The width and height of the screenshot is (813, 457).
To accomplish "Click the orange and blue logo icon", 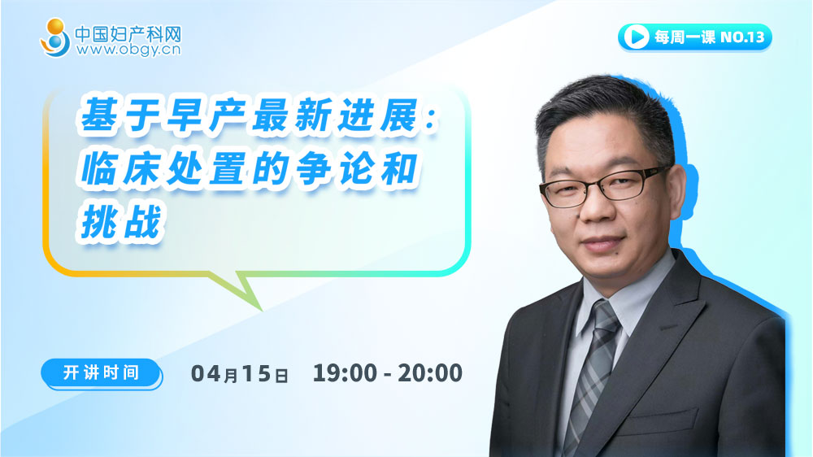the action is [x=55, y=38].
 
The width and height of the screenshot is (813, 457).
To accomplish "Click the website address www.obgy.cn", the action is [x=128, y=50].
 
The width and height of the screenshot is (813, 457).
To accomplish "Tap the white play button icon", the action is [x=636, y=37].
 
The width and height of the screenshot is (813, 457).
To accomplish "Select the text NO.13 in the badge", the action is [x=742, y=37].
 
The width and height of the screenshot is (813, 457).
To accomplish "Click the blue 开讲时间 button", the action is [x=102, y=373].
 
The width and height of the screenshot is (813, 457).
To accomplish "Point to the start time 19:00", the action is [x=345, y=373].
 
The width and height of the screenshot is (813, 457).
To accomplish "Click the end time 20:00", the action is [x=430, y=373].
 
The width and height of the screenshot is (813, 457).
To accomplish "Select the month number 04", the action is [x=207, y=373].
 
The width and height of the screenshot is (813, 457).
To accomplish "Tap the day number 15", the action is [x=256, y=373].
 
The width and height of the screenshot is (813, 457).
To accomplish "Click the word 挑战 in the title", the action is [x=121, y=221].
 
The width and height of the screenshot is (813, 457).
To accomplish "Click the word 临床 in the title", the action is [x=121, y=168].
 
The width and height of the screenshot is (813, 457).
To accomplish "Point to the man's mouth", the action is [x=603, y=243].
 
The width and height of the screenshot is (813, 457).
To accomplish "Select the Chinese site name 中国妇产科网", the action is [x=128, y=33].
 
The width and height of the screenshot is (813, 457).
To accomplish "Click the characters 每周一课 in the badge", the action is [x=685, y=37].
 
